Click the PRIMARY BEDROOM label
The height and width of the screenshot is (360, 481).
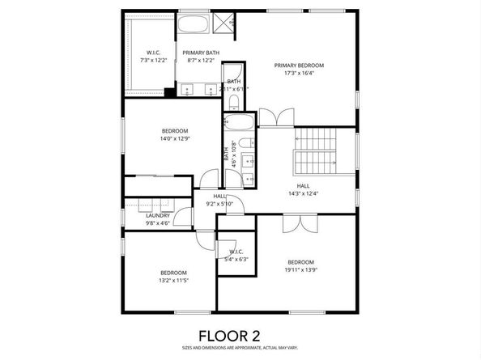tap(299, 66)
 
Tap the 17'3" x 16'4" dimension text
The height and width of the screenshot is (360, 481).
tap(299, 74)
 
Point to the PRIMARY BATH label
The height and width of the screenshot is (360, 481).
tap(200, 52)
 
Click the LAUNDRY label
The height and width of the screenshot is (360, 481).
tap(158, 215)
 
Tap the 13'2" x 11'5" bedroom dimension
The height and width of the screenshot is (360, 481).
tap(173, 281)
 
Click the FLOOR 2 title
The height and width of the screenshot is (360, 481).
tap(240, 333)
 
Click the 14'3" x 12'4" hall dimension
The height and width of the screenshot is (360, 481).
tap(304, 193)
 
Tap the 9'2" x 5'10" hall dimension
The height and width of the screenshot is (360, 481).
tap(219, 203)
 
